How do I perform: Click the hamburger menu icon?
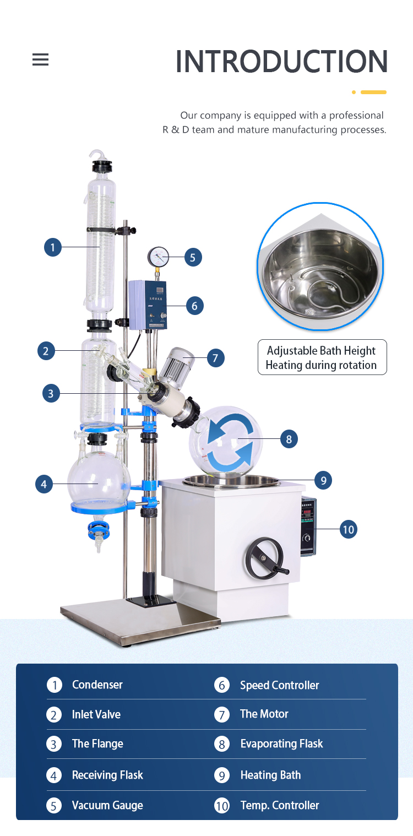point(40,59)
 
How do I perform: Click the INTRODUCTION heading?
point(281,62)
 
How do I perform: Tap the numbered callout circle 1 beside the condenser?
point(53,247)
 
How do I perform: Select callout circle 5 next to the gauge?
point(193,257)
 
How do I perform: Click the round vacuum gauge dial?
point(158,256)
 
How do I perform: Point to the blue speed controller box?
point(147,305)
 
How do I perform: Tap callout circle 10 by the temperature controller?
point(348,530)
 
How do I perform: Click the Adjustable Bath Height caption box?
point(322,357)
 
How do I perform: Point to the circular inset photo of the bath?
point(320,267)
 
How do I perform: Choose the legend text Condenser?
point(97,685)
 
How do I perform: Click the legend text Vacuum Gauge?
point(107,805)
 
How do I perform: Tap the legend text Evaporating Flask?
point(281,744)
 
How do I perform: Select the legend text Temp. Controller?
point(280,805)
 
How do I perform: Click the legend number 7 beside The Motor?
point(221,715)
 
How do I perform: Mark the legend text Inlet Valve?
point(96,714)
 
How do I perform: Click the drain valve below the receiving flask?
point(99,533)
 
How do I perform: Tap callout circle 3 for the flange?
point(51,393)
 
